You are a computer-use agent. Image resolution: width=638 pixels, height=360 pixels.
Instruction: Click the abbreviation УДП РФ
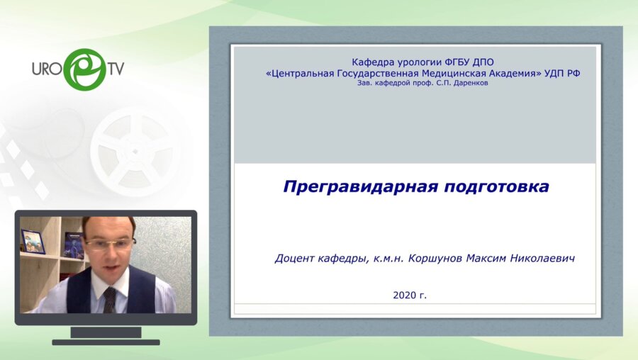coord(561,73)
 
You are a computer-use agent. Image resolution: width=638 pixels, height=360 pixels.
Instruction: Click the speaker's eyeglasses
coord(109,243)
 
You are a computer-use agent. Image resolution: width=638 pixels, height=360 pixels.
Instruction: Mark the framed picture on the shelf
coord(33,242)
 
